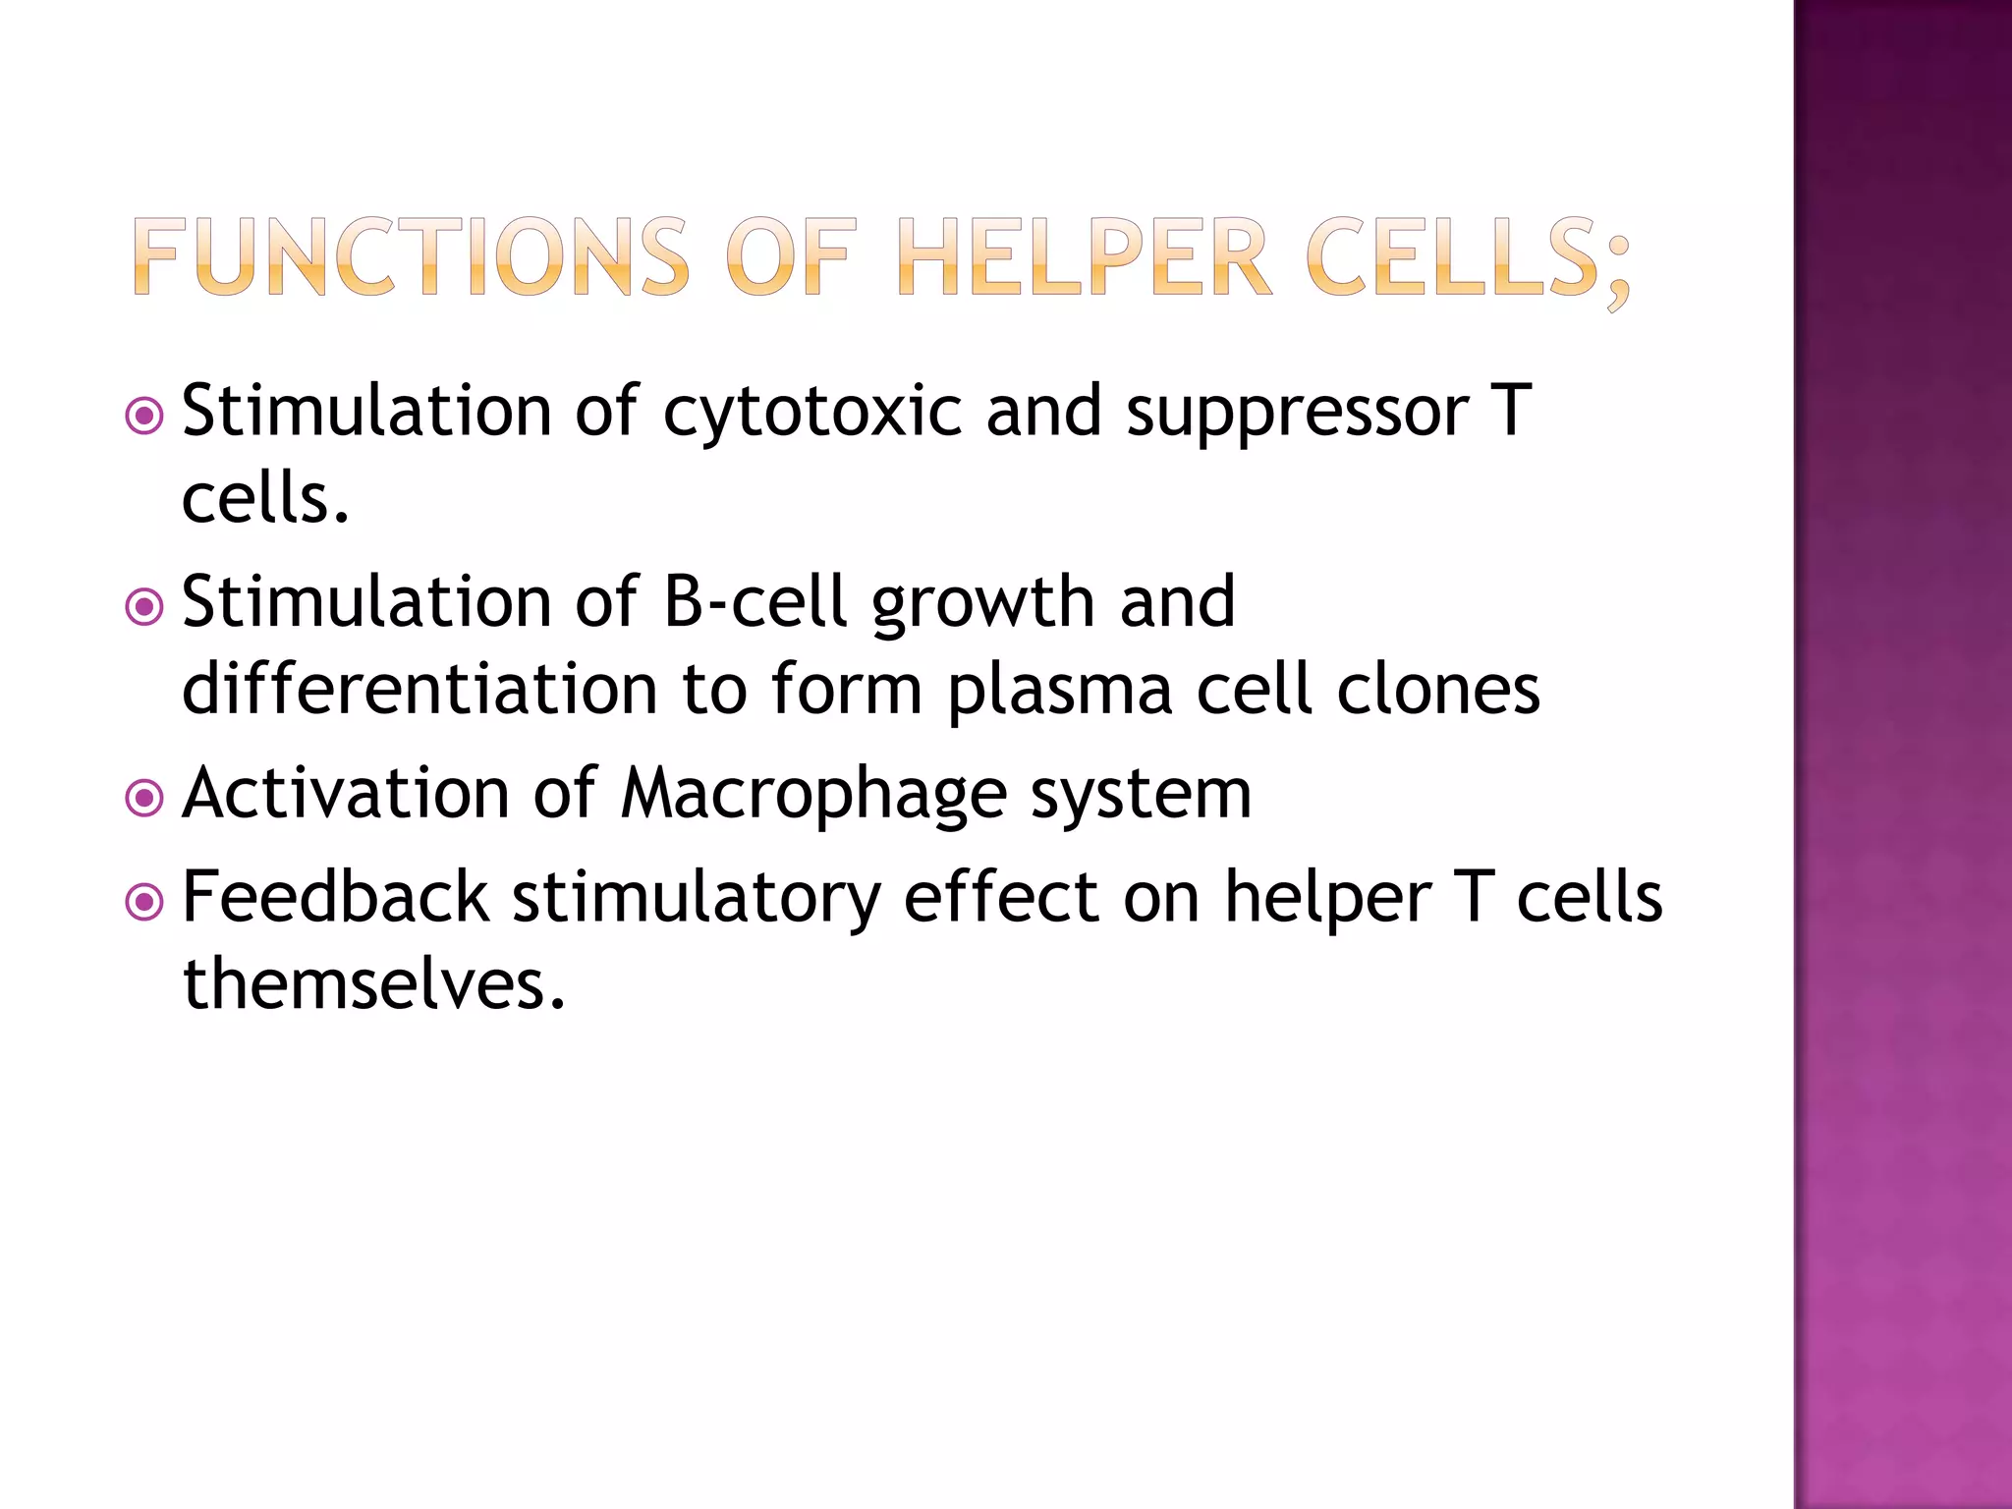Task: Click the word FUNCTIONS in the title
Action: coord(411,257)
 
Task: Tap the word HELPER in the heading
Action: coord(1085,257)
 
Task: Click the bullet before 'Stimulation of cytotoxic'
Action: coord(145,417)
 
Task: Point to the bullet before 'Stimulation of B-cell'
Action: coord(145,607)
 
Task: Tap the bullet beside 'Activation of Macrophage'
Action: coord(145,798)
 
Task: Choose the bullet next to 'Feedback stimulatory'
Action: coord(145,902)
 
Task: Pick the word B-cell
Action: coord(754,601)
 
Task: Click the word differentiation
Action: coord(419,690)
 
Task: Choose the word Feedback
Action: coord(336,896)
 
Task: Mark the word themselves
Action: coord(374,984)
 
